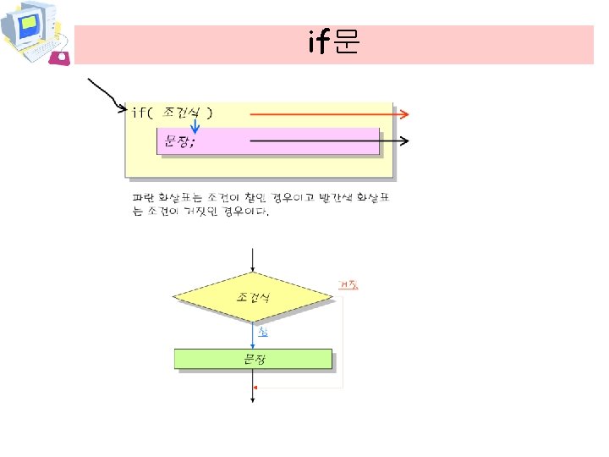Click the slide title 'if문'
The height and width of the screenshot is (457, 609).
pyautogui.click(x=334, y=43)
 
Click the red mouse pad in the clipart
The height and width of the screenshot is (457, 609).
pyautogui.click(x=61, y=58)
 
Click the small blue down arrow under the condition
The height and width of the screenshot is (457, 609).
pyautogui.click(x=195, y=128)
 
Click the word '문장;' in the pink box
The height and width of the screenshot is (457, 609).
pyautogui.click(x=178, y=141)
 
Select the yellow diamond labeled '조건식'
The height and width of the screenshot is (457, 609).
pyautogui.click(x=253, y=297)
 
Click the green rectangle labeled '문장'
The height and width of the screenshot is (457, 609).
pyautogui.click(x=253, y=359)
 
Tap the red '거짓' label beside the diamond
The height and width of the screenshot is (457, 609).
pyautogui.click(x=348, y=284)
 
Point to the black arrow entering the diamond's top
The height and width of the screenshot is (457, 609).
pyautogui.click(x=253, y=259)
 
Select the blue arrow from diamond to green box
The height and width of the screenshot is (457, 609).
pyautogui.click(x=253, y=337)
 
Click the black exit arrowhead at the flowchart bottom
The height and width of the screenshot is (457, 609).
pyautogui.click(x=253, y=399)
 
